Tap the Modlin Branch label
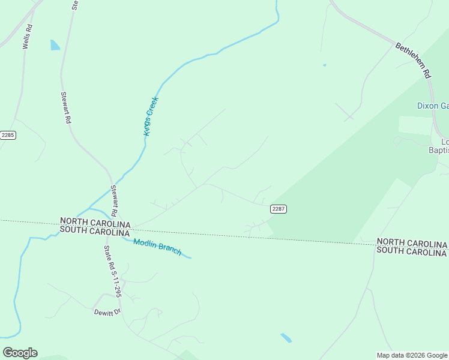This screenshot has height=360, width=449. [157, 247]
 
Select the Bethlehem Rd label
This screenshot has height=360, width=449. [414, 60]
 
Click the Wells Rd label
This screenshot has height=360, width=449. [26, 37]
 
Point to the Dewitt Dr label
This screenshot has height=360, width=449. [107, 313]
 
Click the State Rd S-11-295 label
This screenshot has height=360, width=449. [113, 272]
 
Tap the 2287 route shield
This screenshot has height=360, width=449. [278, 209]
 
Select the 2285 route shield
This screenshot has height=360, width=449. [8, 135]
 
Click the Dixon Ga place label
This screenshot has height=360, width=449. [433, 106]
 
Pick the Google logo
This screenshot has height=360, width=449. [20, 353]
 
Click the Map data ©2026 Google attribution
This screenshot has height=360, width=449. [412, 355]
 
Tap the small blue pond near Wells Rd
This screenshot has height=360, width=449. [55, 45]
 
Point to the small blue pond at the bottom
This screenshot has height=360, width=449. [286, 338]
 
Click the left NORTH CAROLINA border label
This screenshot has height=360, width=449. [95, 222]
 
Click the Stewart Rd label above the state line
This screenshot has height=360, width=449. [113, 200]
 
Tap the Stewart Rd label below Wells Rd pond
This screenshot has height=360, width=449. [66, 107]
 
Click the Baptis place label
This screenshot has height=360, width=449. [438, 150]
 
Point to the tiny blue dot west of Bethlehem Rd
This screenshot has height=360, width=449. [324, 65]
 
